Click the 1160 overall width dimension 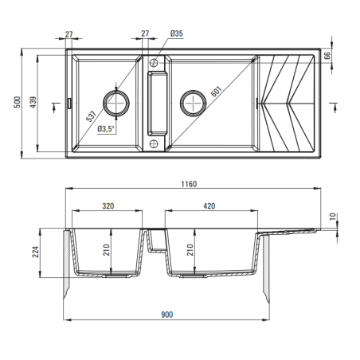pyautogui.click(x=189, y=184)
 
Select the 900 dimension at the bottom pyautogui.click(x=167, y=315)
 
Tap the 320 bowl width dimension pyautogui.click(x=108, y=206)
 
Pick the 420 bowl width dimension pyautogui.click(x=209, y=206)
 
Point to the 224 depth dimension pyautogui.click(x=36, y=252)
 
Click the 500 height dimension pyautogui.click(x=17, y=102)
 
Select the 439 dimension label pyautogui.click(x=33, y=102)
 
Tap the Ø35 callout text pyautogui.click(x=177, y=33)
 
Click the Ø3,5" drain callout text pyautogui.click(x=106, y=129)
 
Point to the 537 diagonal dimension pyautogui.click(x=91, y=116)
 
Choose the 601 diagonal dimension pyautogui.click(x=216, y=92)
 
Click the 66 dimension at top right pyautogui.click(x=327, y=56)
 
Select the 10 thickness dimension pyautogui.click(x=333, y=217)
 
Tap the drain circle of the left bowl pyautogui.click(x=116, y=103)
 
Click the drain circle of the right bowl pyautogui.click(x=193, y=103)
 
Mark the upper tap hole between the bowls pyautogui.click(x=154, y=63)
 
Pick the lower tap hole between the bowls pyautogui.click(x=154, y=144)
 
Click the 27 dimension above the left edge pyautogui.click(x=68, y=34)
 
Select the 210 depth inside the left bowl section pyautogui.click(x=107, y=250)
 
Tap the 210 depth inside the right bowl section pyautogui.click(x=190, y=250)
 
